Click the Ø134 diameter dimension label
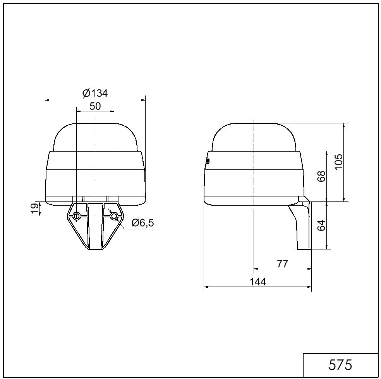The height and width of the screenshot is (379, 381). pyautogui.click(x=95, y=93)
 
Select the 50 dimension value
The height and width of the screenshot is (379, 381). pyautogui.click(x=95, y=106)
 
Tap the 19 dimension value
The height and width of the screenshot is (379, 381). pyautogui.click(x=36, y=209)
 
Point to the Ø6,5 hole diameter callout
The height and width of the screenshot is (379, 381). pyautogui.click(x=142, y=222)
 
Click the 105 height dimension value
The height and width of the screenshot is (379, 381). pyautogui.click(x=338, y=162)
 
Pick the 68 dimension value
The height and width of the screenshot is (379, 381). pyautogui.click(x=321, y=176)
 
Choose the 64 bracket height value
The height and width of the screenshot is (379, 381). pyautogui.click(x=321, y=225)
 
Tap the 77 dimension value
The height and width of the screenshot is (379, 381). pyautogui.click(x=282, y=263)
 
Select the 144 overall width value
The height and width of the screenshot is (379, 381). pyautogui.click(x=258, y=282)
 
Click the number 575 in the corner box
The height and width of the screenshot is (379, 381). pyautogui.click(x=340, y=364)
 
